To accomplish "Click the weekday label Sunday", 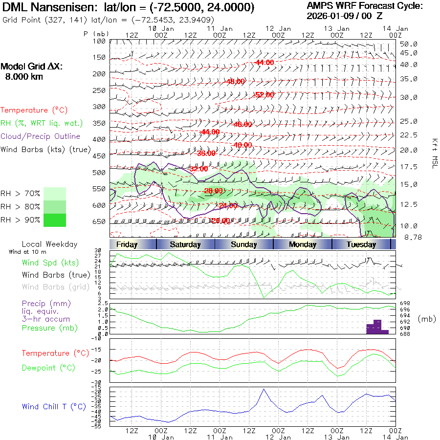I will click(244, 244).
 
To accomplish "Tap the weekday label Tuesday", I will click(361, 244).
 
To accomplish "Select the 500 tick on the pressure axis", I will click(99, 172).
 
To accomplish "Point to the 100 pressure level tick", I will click(99, 41).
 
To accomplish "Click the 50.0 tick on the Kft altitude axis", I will click(408, 44).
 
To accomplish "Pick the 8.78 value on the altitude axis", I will click(408, 237).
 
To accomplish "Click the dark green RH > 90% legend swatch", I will click(54, 220).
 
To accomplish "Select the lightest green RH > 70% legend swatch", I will click(54, 194).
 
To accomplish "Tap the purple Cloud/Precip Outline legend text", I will click(40, 136).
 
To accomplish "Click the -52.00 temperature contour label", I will click(264, 94).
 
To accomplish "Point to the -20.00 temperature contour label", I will click(220, 220).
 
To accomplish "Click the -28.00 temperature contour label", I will click(213, 191).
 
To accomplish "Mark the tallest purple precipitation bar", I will click(377, 326).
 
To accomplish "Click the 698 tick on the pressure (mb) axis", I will click(405, 304).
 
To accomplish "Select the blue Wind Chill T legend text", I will click(54, 406).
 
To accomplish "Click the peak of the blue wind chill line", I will click(264, 389).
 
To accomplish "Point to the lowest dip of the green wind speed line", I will click(264, 297).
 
